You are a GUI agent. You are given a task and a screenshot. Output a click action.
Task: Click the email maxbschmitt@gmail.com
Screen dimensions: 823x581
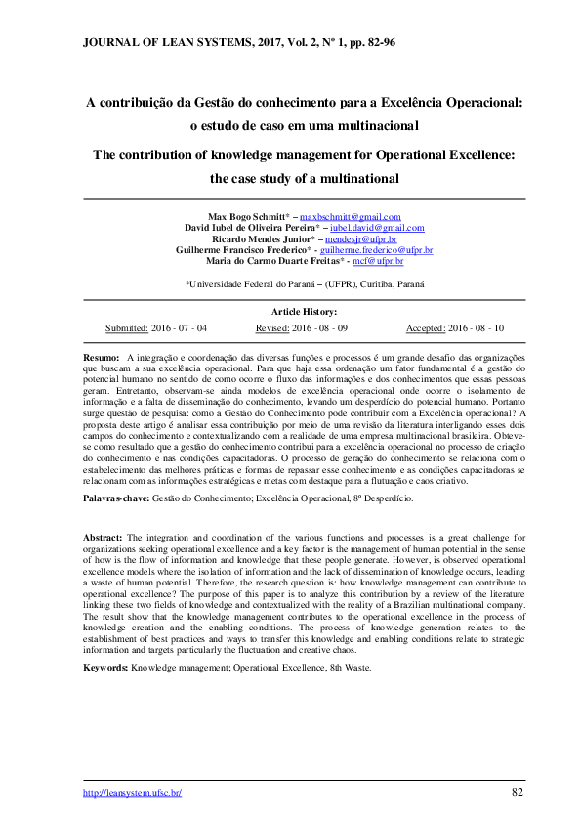350,216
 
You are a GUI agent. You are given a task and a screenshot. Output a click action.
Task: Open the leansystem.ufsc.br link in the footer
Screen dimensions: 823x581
132,792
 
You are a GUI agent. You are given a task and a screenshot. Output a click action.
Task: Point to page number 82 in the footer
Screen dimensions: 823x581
518,791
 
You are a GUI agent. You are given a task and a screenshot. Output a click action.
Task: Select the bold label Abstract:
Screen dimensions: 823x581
103,538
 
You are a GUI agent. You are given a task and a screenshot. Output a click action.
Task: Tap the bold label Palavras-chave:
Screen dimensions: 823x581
115,498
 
